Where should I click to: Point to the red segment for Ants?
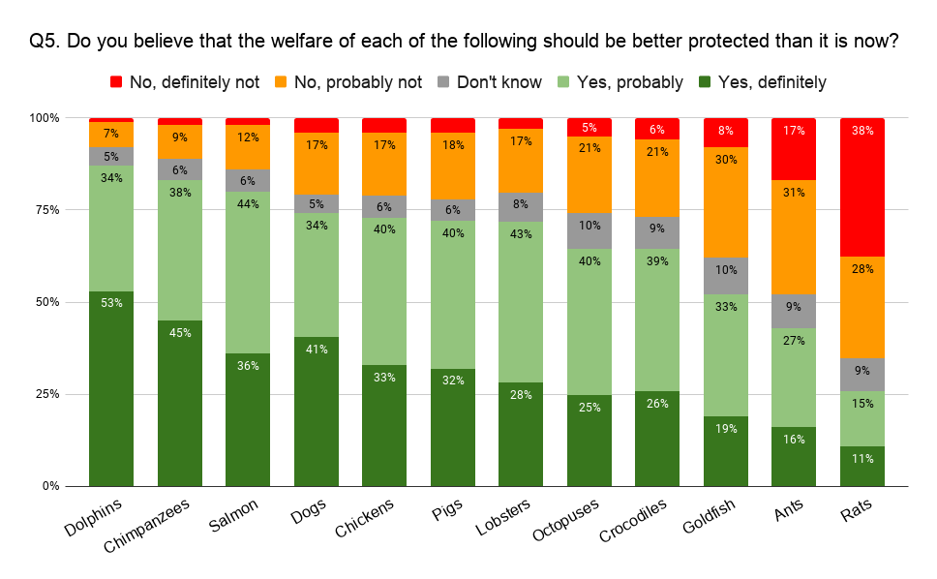point(794,148)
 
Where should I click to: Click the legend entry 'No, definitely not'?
point(184,82)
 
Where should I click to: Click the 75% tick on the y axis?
point(45,210)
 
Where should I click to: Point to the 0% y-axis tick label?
point(48,486)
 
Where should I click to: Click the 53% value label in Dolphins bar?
point(111,303)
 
